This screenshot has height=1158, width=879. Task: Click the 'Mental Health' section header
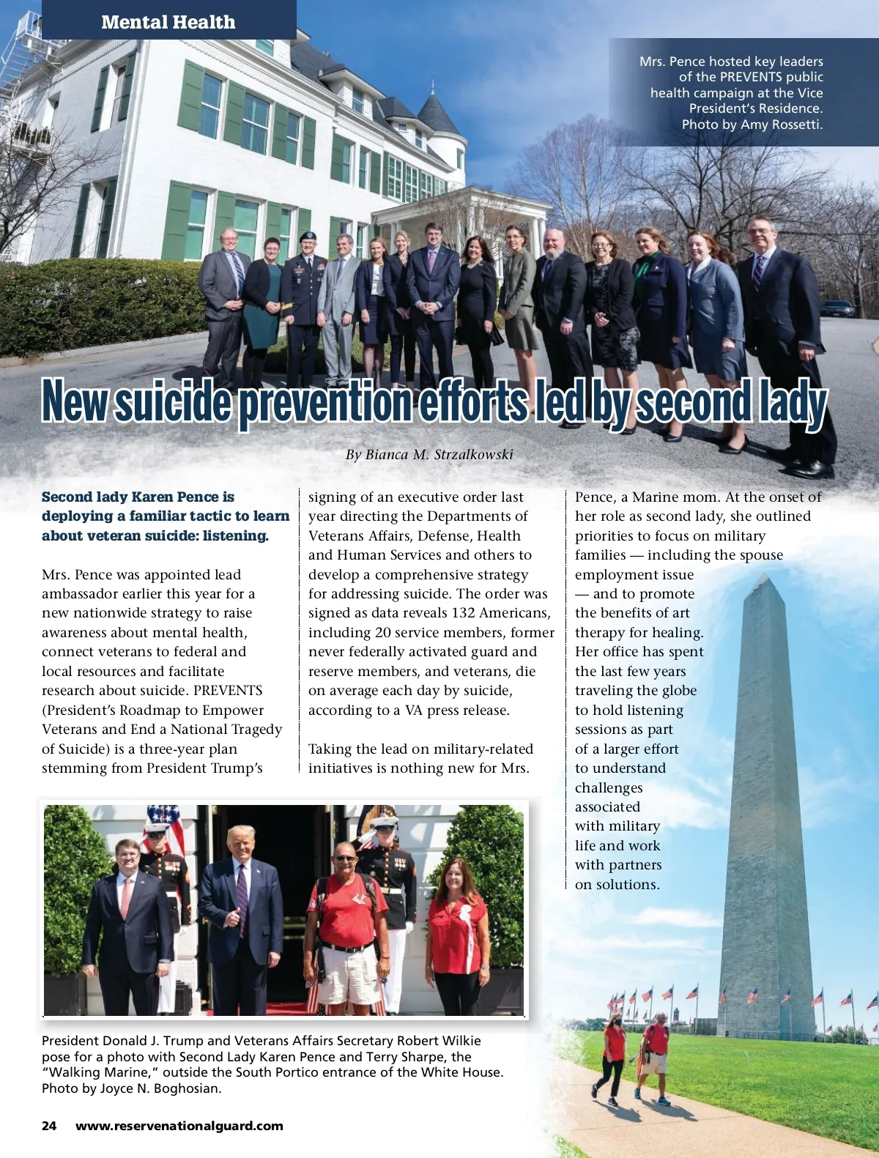(168, 22)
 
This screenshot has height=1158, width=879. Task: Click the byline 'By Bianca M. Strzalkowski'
(429, 455)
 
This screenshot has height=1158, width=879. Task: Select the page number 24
(49, 1126)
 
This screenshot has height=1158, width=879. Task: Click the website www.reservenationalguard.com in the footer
(179, 1126)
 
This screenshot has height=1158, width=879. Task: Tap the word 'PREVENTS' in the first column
(228, 691)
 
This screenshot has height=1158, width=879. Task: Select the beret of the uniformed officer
(308, 237)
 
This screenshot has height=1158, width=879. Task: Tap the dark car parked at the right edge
(837, 308)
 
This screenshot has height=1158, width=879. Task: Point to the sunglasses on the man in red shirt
(346, 858)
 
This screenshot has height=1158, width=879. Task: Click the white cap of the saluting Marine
(383, 820)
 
